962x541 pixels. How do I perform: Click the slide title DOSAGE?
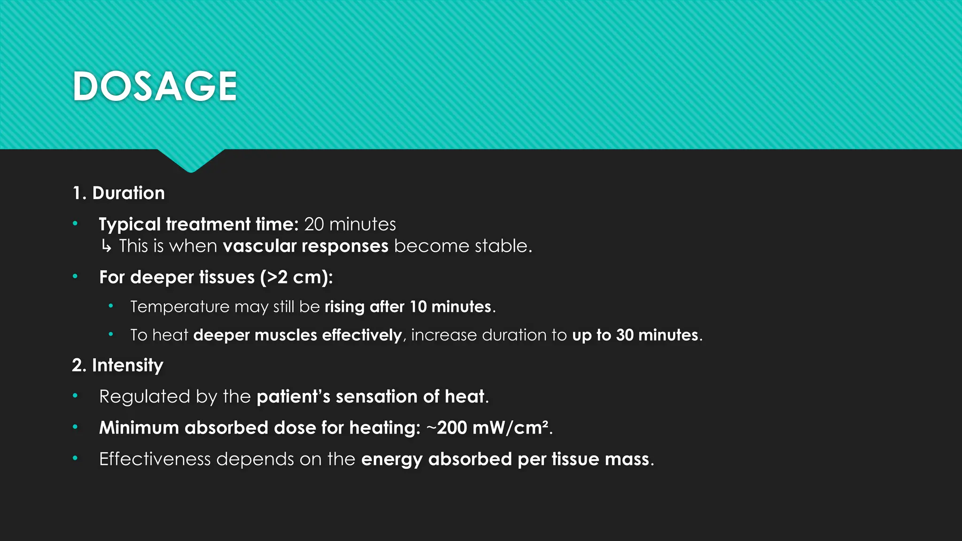click(x=155, y=86)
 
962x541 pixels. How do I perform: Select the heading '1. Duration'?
click(x=118, y=193)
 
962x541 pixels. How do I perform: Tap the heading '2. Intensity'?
click(x=117, y=365)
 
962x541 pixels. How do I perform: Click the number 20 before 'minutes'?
click(x=314, y=224)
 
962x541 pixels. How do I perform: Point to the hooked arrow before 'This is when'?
click(x=107, y=246)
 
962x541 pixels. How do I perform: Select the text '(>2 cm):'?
click(x=296, y=277)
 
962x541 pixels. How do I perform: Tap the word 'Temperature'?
click(x=179, y=307)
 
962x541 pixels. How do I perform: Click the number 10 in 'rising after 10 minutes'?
click(x=418, y=307)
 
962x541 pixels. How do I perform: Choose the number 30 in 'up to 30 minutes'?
click(x=625, y=335)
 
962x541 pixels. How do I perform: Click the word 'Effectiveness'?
click(x=155, y=459)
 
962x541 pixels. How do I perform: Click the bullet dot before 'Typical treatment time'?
click(x=75, y=224)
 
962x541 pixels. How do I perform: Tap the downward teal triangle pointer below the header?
click(x=191, y=160)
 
